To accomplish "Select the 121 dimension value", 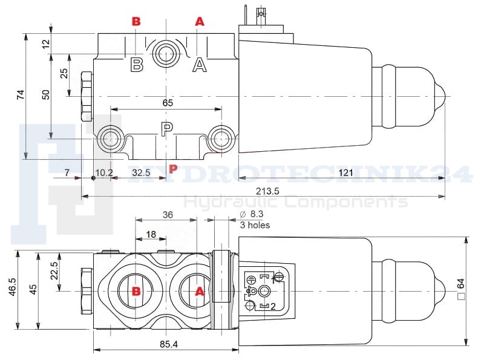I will click(345, 173).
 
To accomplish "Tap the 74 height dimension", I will click(21, 94).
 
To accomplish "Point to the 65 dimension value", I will click(168, 103).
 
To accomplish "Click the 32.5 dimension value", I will click(141, 173).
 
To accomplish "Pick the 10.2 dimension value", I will click(104, 173).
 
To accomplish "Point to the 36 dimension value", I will click(168, 214).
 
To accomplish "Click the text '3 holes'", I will click(255, 225).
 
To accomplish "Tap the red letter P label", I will click(173, 168).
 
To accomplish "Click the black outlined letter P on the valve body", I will click(167, 129).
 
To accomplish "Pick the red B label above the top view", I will click(136, 21).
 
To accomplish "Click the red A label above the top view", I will click(200, 21).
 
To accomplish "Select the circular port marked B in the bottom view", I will click(137, 291).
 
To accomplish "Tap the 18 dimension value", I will click(151, 234).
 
